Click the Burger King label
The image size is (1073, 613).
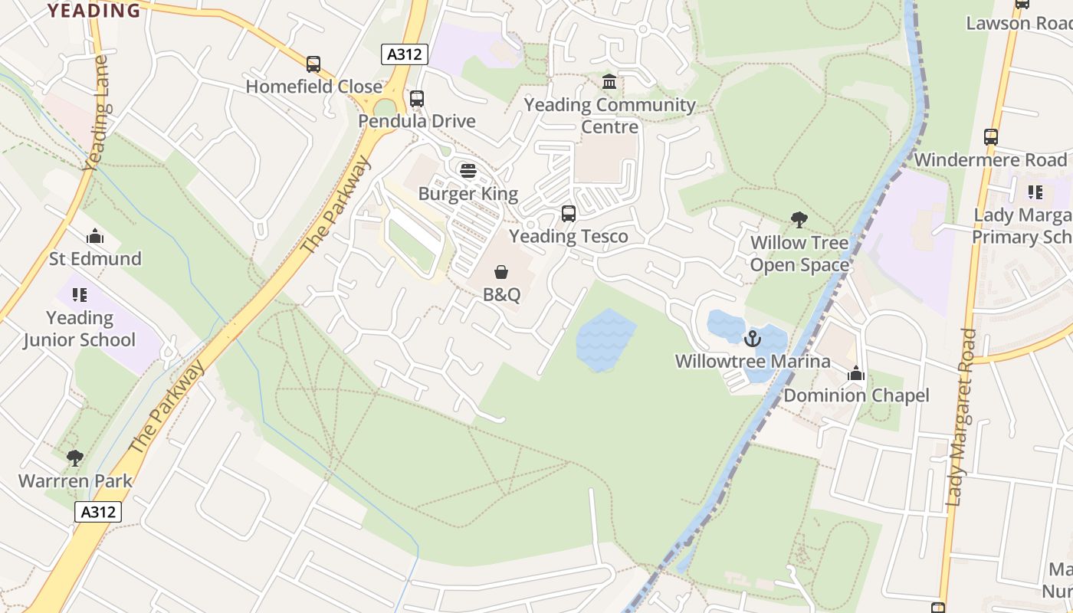[x=468, y=194]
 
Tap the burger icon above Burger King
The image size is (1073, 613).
[x=468, y=170]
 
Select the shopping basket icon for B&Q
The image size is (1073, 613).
[x=501, y=272]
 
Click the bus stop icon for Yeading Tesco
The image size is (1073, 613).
[x=568, y=214]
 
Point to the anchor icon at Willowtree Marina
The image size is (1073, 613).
[x=753, y=338]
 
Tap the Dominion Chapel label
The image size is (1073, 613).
[x=856, y=395]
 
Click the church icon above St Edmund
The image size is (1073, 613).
[x=95, y=236]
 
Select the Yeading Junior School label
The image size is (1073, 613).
[x=79, y=329]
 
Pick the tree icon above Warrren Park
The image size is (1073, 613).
[x=74, y=458]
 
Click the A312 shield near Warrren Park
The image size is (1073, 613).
[x=98, y=512]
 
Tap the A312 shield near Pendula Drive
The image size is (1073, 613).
[x=404, y=54]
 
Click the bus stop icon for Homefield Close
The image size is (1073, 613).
[x=313, y=64]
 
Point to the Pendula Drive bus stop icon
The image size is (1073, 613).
[x=416, y=99]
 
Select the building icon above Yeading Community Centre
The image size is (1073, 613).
[x=609, y=81]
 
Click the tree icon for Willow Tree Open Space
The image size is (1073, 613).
[x=799, y=220]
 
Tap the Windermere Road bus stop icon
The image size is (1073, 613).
[x=990, y=137]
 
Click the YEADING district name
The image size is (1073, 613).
[x=94, y=10]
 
